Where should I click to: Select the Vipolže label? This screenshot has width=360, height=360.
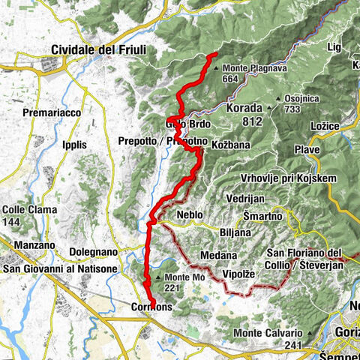point(242,275)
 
